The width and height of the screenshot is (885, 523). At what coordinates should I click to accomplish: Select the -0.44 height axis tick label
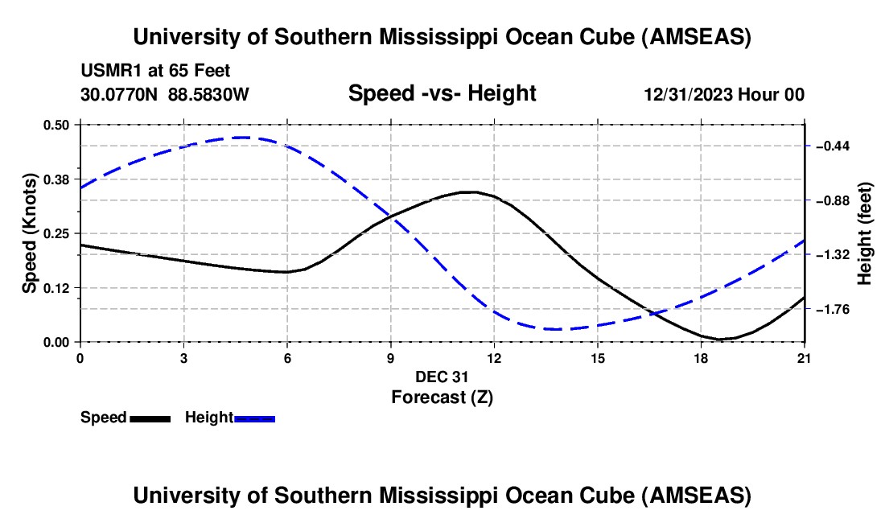click(834, 146)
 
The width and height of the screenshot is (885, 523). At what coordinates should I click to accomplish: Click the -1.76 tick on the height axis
click(834, 309)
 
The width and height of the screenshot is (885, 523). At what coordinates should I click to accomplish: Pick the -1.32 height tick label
click(834, 255)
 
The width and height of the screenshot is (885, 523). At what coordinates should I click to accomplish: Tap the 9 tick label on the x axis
click(391, 358)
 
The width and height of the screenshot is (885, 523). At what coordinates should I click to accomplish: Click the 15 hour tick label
click(598, 358)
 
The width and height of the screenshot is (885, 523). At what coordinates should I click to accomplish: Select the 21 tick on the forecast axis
click(805, 358)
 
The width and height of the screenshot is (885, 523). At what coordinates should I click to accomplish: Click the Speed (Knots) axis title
click(30, 233)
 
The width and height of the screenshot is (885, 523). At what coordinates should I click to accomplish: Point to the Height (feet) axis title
click(866, 233)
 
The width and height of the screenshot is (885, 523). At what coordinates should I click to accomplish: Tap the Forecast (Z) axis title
click(442, 397)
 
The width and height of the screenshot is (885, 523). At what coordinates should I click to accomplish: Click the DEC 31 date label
click(442, 377)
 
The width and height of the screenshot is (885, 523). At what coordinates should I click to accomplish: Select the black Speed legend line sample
click(150, 418)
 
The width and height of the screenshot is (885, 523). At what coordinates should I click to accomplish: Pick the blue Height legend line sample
click(255, 418)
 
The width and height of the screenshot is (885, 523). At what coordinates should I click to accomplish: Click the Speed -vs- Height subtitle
click(442, 93)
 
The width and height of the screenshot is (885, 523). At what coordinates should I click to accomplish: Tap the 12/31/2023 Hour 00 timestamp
click(724, 94)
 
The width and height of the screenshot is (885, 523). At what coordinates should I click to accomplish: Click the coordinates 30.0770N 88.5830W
click(165, 94)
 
